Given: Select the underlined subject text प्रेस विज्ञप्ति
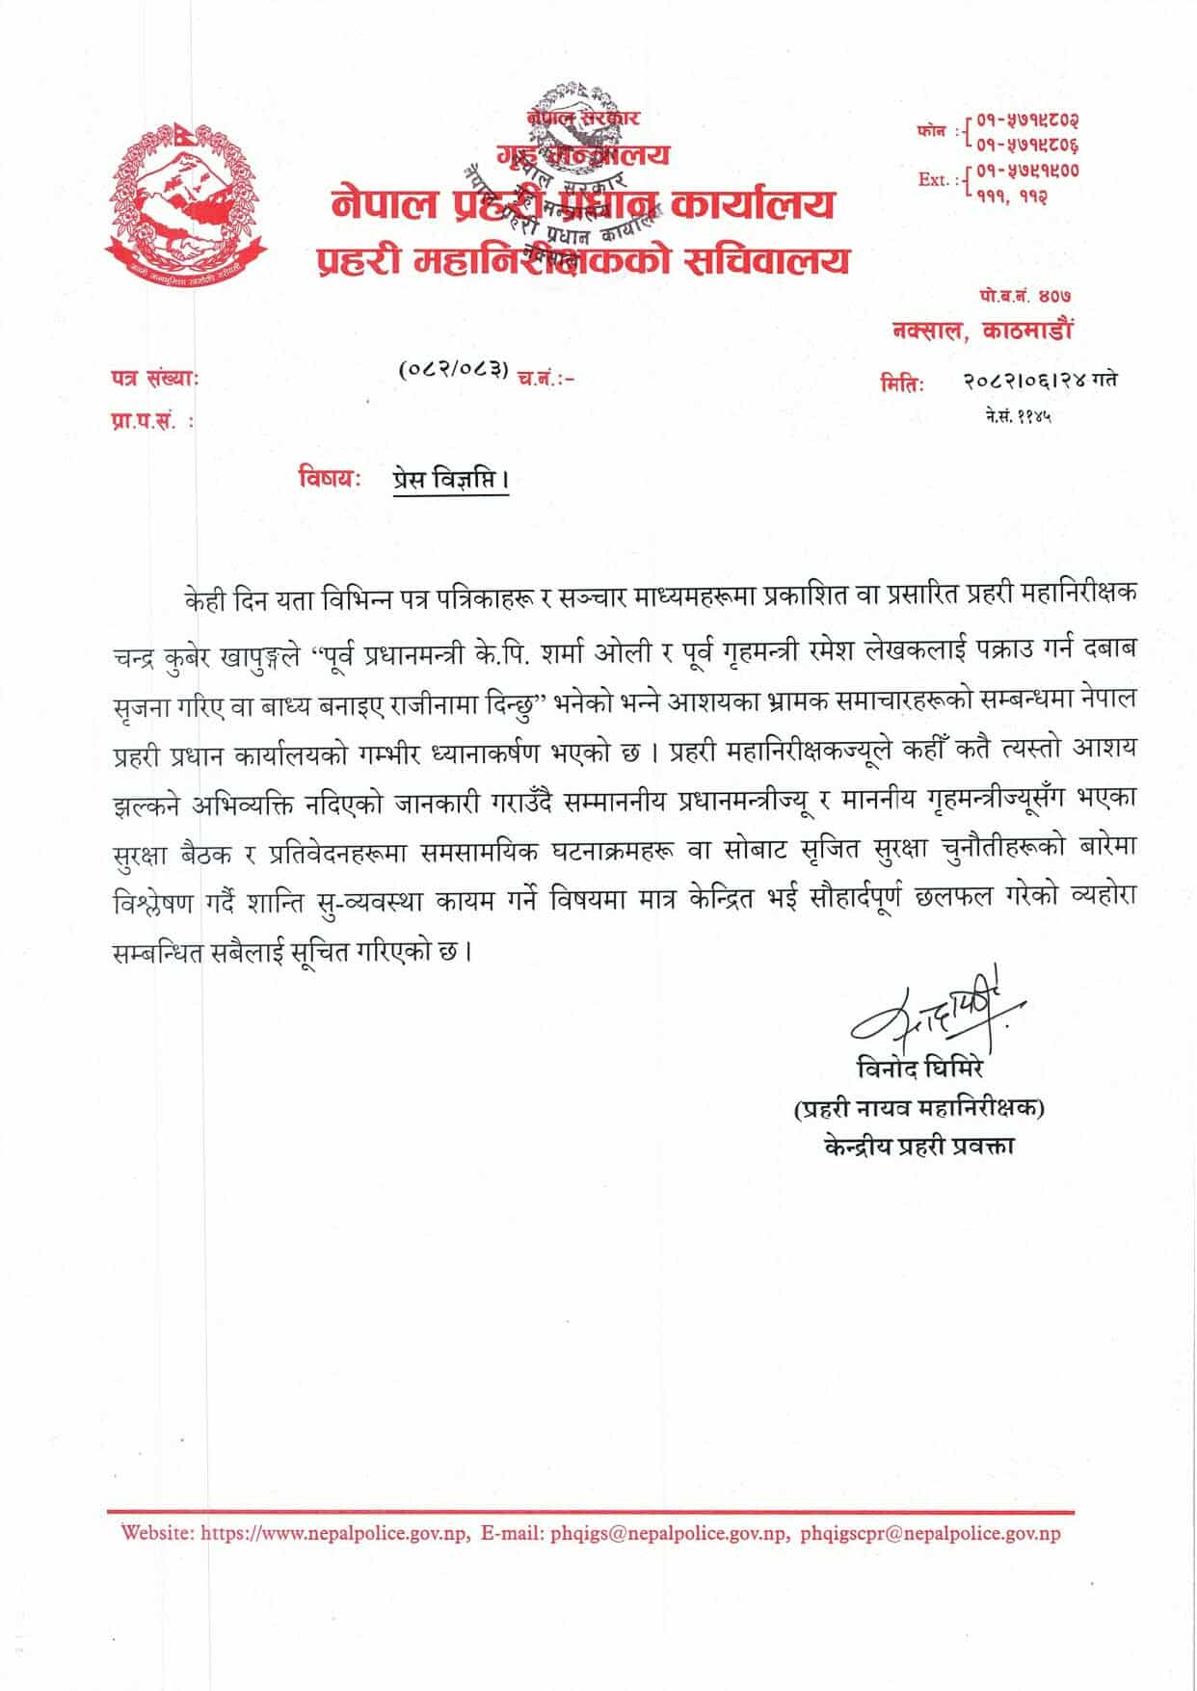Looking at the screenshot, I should [449, 479].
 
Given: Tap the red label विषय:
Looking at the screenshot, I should [330, 478].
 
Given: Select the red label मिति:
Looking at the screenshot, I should [902, 383].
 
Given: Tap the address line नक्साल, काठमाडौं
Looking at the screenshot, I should [981, 330].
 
